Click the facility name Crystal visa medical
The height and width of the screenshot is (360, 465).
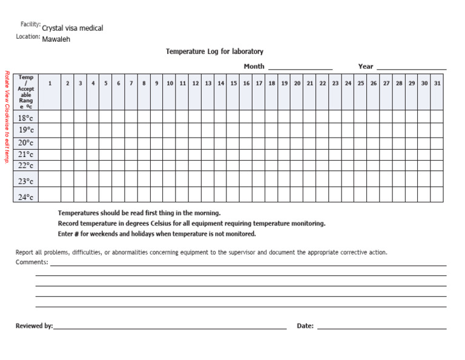pos(72,28)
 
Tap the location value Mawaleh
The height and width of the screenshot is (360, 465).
pos(56,39)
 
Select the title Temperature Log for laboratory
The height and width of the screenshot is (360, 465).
pos(214,52)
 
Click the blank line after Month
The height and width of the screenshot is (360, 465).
pos(300,67)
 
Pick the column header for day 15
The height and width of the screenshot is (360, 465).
pos(233,84)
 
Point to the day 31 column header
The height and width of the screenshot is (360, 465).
pos(437,84)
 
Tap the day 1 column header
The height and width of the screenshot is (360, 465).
pos(50,84)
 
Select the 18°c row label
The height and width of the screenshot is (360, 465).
pos(26,118)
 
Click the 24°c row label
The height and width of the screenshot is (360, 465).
pos(26,196)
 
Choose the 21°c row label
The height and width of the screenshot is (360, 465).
pos(26,155)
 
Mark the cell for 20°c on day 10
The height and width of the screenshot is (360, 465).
pos(170,143)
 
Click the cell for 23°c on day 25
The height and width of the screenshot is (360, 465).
pos(360,181)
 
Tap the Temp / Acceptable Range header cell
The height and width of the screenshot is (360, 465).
pos(26,92)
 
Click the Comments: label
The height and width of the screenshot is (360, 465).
pos(31,262)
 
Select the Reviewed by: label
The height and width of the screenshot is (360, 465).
pos(34,326)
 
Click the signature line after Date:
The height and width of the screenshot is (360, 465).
pos(381,327)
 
